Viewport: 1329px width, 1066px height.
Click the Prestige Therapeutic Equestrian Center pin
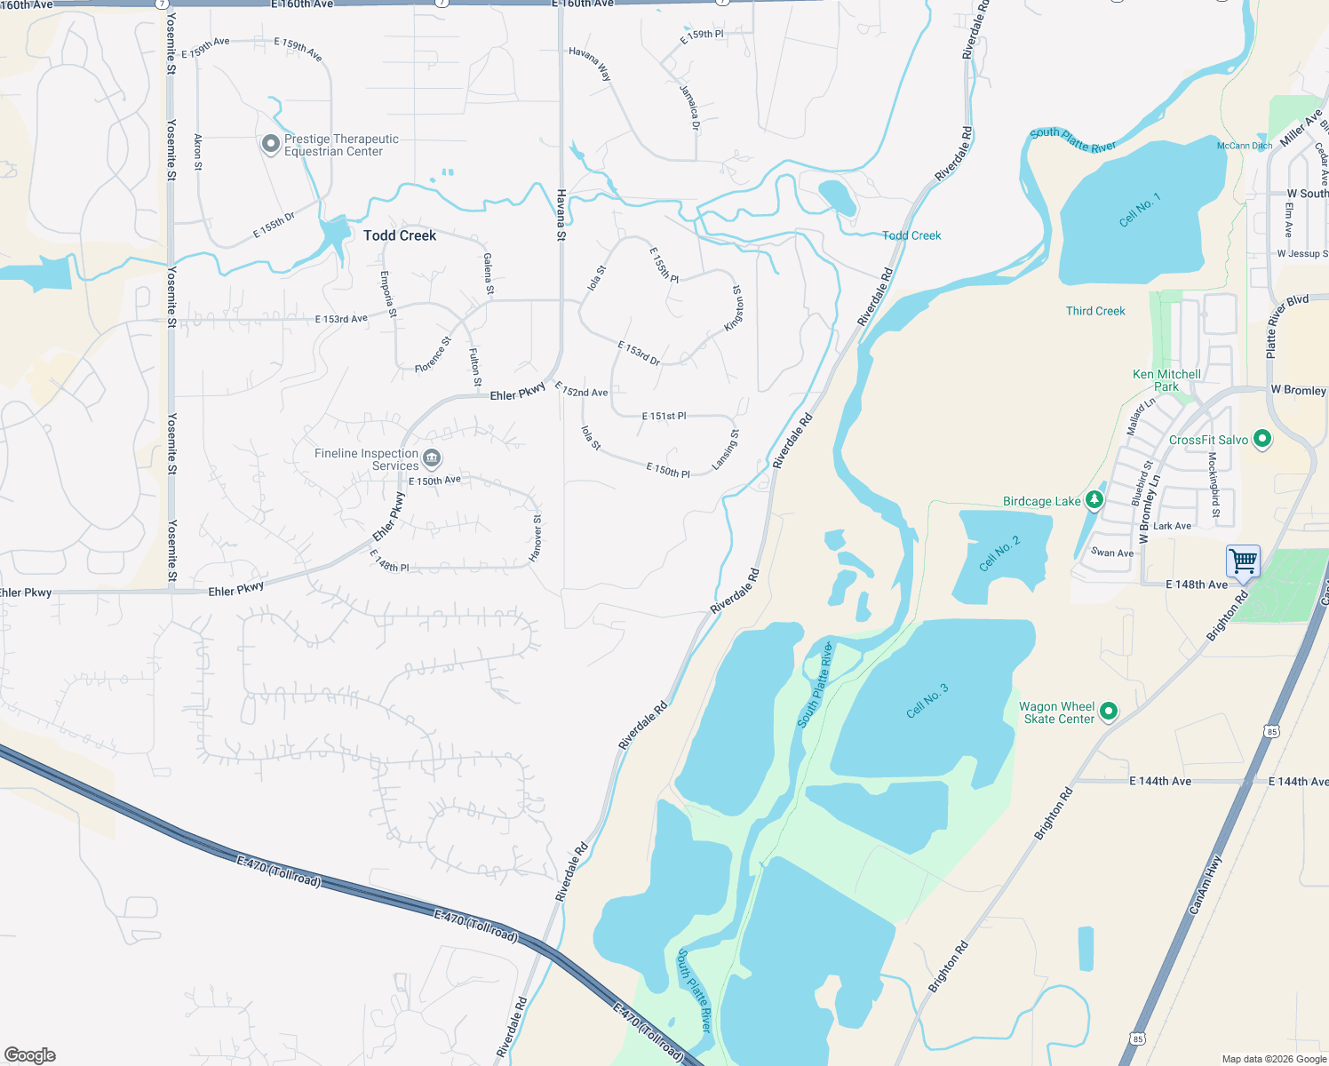click(271, 144)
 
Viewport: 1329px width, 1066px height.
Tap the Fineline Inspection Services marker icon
click(432, 458)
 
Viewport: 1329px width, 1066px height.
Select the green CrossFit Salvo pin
click(1261, 439)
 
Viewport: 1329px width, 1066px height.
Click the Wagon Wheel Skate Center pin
click(1108, 712)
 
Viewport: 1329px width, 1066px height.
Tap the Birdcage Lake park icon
click(1094, 500)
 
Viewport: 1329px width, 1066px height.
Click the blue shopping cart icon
click(1243, 561)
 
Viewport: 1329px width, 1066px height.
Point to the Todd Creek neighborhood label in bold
click(400, 235)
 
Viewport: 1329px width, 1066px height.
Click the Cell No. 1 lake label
click(1139, 210)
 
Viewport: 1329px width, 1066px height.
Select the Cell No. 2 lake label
click(999, 553)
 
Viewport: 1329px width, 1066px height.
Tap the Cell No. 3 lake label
click(927, 700)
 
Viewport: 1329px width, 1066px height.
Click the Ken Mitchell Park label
click(1166, 380)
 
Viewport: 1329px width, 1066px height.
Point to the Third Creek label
click(1095, 311)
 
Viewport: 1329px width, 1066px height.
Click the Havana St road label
click(561, 215)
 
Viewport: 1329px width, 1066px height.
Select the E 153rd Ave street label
click(341, 319)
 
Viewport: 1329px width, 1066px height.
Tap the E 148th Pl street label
click(389, 561)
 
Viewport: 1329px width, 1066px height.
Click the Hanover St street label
click(536, 537)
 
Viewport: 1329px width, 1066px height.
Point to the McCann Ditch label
click(1244, 146)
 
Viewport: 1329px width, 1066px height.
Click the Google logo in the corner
click(30, 1054)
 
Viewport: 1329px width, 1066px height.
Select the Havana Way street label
click(590, 64)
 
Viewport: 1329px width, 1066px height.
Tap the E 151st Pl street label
click(664, 416)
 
